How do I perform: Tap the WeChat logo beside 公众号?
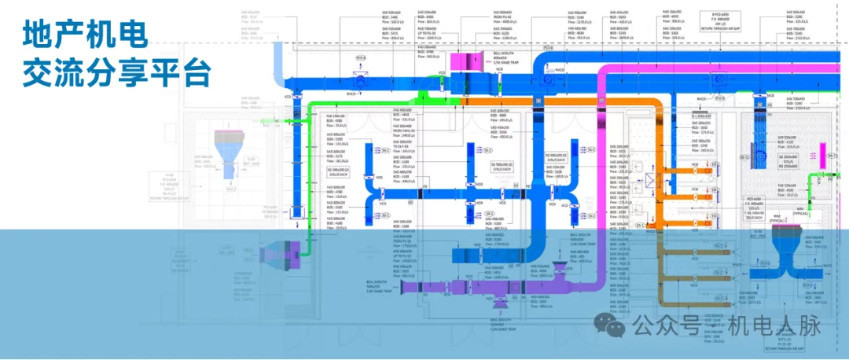coord(614,323)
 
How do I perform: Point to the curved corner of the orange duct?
coord(645,109)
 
